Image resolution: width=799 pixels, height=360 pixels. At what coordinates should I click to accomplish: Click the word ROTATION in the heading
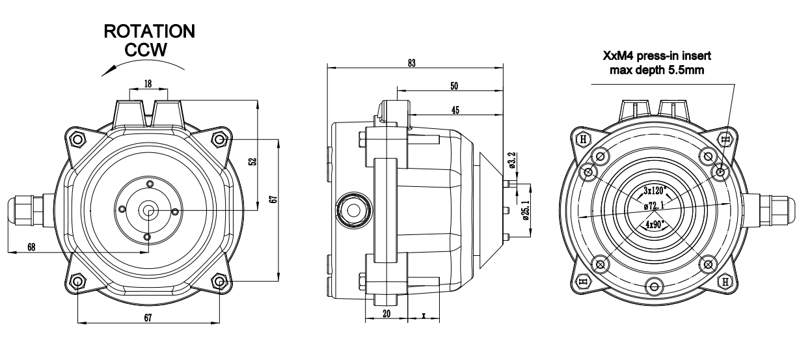click(150, 31)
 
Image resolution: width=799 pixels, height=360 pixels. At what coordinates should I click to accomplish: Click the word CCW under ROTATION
click(146, 49)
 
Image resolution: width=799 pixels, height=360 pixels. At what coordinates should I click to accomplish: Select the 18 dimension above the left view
click(148, 83)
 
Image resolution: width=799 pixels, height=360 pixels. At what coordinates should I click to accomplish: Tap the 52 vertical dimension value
click(253, 161)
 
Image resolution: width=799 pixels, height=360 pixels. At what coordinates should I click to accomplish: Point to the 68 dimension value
click(31, 247)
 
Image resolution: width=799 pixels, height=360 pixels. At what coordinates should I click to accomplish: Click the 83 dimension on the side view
click(412, 63)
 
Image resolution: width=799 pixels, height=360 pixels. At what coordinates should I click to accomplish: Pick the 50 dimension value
click(454, 86)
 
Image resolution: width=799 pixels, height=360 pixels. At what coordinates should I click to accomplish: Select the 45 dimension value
click(455, 110)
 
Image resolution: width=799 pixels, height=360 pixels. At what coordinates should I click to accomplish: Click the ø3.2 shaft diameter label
click(512, 160)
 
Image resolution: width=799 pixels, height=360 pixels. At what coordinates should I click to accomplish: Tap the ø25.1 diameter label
click(526, 210)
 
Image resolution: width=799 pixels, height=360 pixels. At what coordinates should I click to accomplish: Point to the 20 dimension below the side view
click(386, 314)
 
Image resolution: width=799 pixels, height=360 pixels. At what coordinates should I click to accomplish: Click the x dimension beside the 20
click(424, 315)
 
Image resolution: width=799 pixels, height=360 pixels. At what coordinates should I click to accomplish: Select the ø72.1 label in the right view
click(654, 206)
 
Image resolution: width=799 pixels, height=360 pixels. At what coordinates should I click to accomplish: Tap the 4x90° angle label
click(655, 225)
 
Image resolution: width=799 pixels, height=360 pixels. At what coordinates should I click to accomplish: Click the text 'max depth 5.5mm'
click(657, 70)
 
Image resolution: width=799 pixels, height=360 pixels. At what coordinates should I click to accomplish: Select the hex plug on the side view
click(353, 210)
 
